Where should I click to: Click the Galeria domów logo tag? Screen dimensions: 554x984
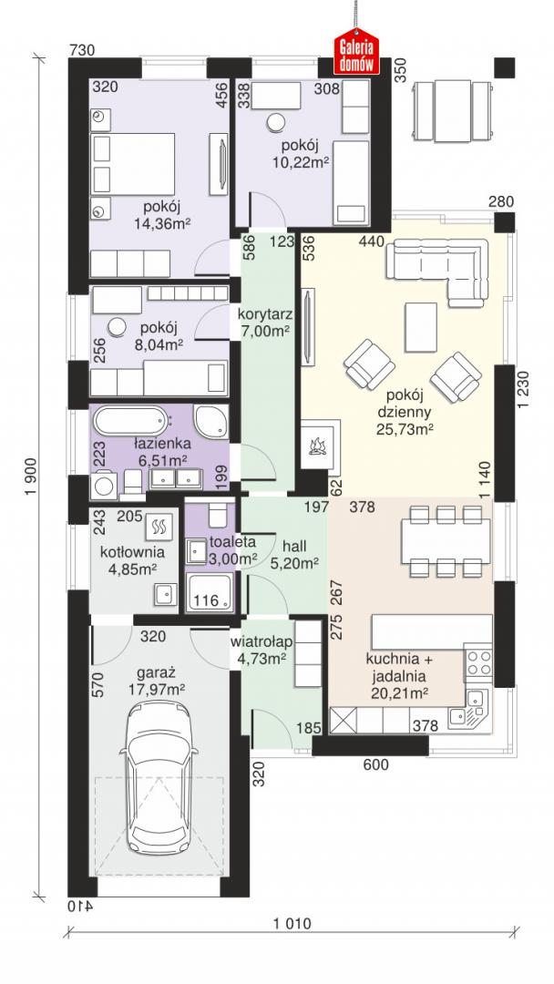point(355,53)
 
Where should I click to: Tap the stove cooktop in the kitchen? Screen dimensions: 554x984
point(477,662)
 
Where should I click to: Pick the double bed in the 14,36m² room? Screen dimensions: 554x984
point(132,162)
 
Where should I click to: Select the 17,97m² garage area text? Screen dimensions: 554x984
point(158,689)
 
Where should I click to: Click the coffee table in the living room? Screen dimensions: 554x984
point(420,326)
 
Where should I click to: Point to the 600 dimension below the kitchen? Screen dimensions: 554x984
point(375,764)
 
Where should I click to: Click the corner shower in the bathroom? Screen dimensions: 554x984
point(210,420)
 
